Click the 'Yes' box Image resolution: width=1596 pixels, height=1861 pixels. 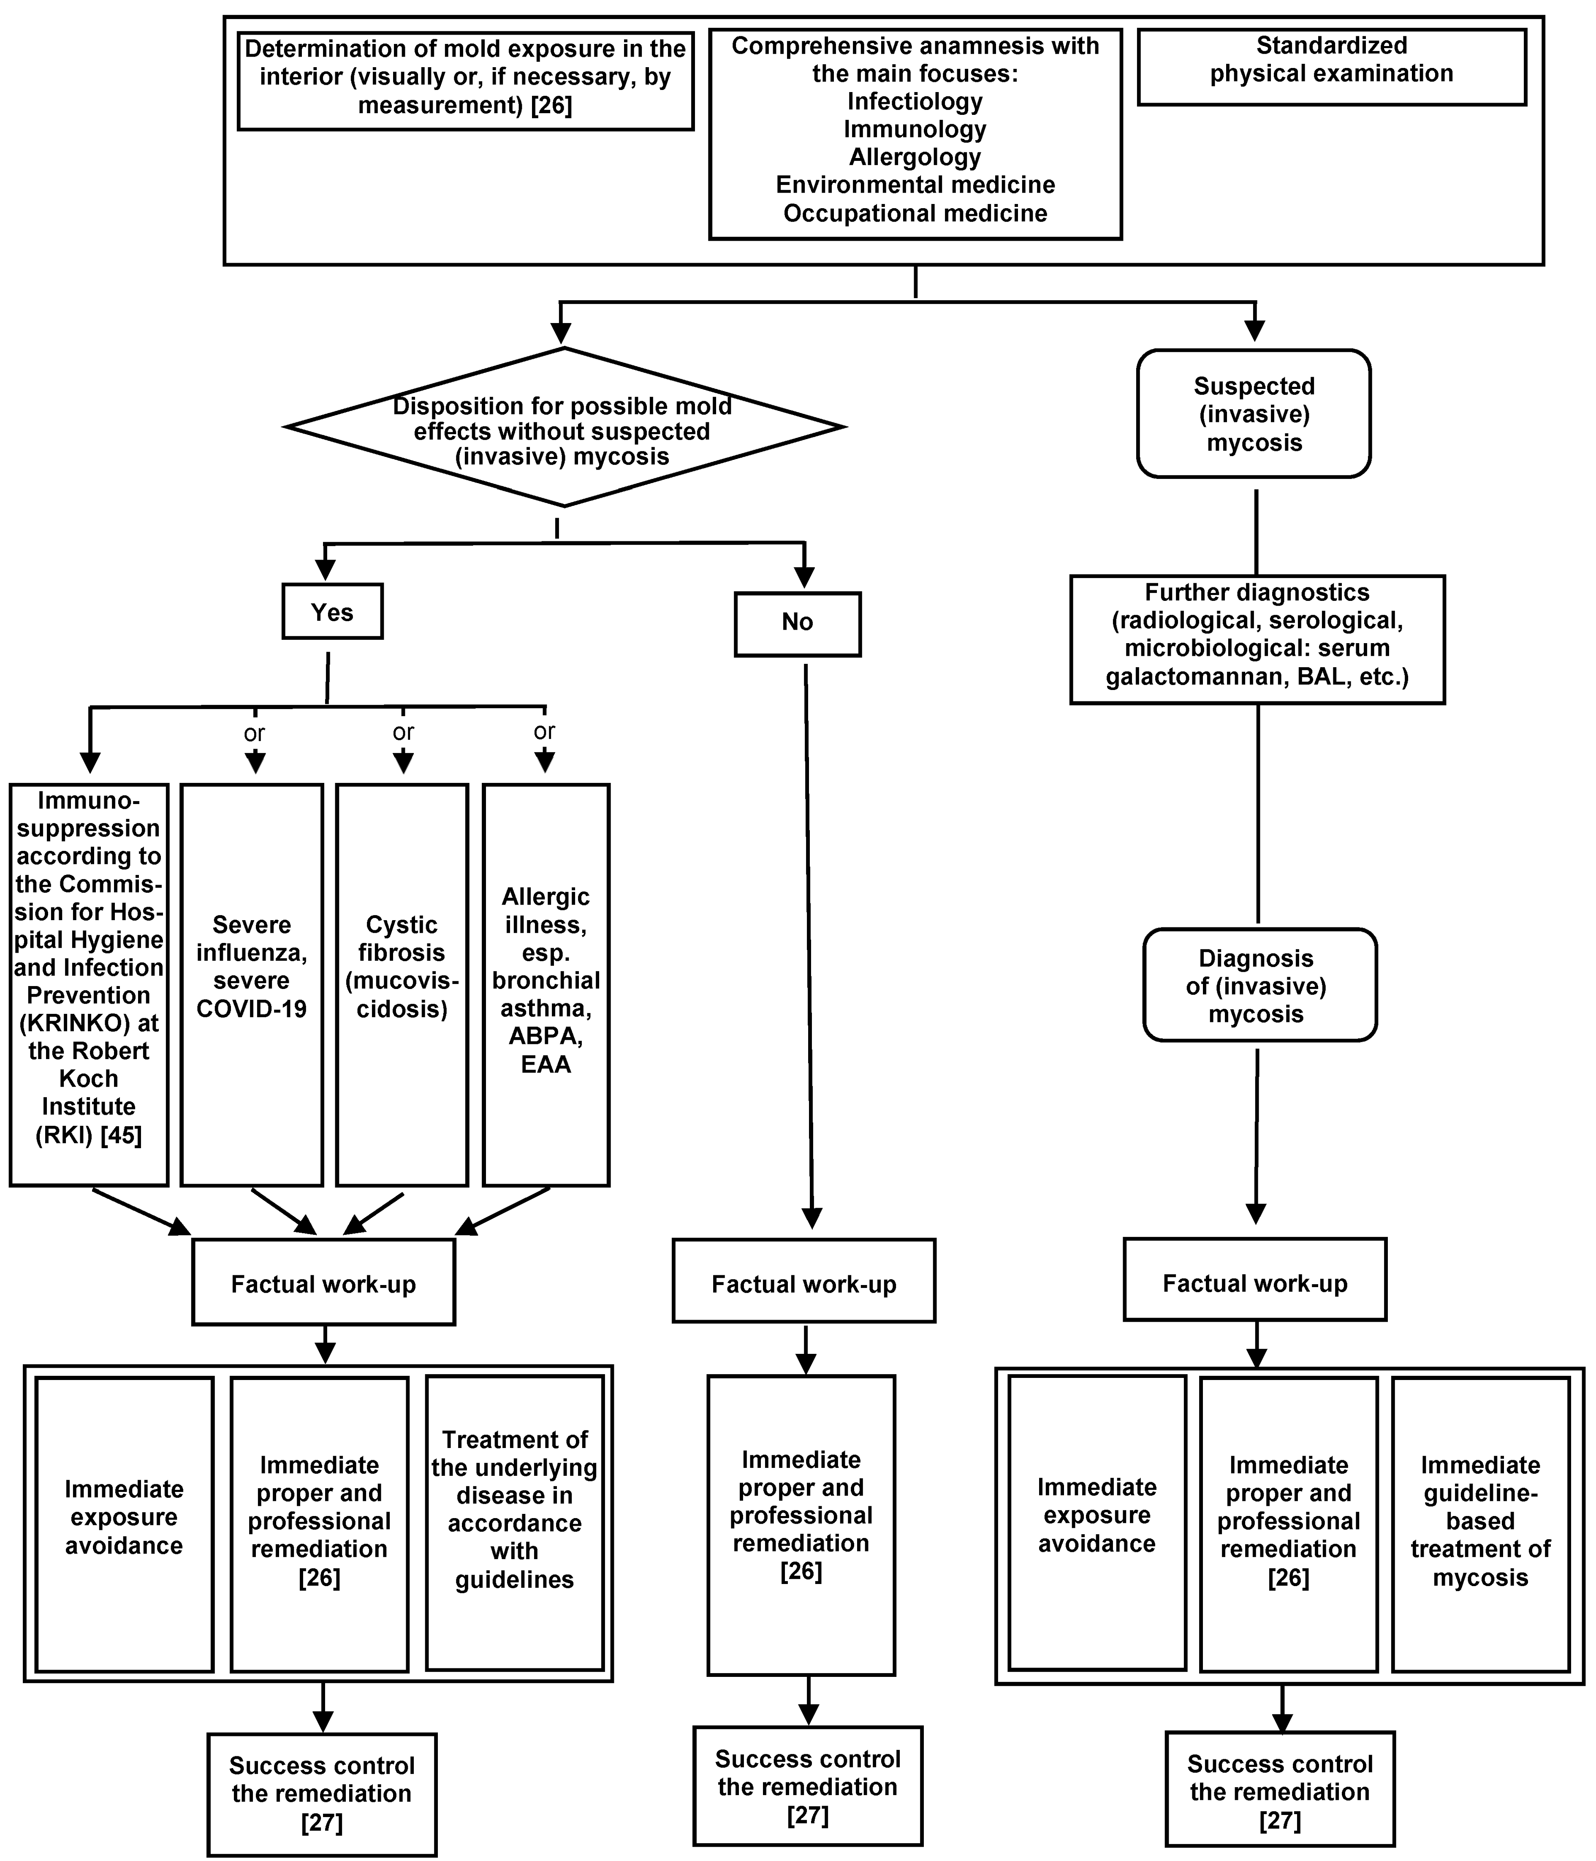[x=332, y=611]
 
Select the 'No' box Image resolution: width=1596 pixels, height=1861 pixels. [x=798, y=622]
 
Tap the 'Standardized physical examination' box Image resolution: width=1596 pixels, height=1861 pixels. [x=1331, y=68]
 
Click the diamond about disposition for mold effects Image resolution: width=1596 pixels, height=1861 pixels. [x=563, y=429]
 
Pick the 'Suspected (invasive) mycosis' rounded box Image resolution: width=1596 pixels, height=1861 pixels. [x=1254, y=414]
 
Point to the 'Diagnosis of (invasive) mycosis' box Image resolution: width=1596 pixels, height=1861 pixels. [x=1259, y=985]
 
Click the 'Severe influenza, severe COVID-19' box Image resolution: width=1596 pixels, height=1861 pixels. [x=252, y=983]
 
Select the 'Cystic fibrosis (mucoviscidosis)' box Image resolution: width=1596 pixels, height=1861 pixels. [x=402, y=983]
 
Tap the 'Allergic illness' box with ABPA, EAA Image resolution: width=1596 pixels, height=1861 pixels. [x=546, y=983]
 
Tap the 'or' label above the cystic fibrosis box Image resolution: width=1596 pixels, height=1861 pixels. [x=403, y=732]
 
